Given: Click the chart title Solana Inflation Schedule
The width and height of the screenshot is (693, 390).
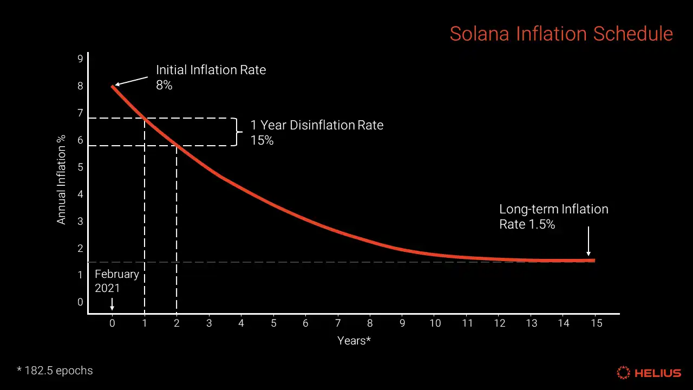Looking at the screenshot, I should [x=561, y=34].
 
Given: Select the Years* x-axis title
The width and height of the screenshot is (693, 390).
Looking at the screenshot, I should [x=354, y=341].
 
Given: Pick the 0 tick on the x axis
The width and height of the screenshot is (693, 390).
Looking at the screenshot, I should [x=112, y=323].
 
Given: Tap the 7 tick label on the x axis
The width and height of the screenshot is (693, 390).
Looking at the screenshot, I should [x=338, y=323].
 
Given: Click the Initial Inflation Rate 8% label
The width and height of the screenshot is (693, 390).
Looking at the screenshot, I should [x=211, y=77].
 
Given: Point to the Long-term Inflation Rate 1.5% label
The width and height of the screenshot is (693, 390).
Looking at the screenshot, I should [x=553, y=217].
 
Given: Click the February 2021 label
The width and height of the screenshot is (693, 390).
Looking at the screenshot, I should [x=117, y=281].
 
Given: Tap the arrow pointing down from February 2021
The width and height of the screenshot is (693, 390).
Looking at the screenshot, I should [x=112, y=303].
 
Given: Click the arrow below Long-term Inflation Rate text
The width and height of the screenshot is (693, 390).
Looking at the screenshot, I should [x=589, y=241].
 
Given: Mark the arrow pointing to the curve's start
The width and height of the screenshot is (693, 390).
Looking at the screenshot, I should [x=132, y=81].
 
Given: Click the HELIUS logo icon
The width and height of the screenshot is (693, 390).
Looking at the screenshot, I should [x=624, y=373].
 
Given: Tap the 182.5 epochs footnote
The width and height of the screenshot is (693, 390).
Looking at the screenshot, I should [x=55, y=371].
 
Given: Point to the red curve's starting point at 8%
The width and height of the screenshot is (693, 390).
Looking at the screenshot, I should [x=113, y=86].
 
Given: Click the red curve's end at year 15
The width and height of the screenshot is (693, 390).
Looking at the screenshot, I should [x=594, y=261].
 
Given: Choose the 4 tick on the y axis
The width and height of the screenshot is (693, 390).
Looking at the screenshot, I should [x=81, y=194].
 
